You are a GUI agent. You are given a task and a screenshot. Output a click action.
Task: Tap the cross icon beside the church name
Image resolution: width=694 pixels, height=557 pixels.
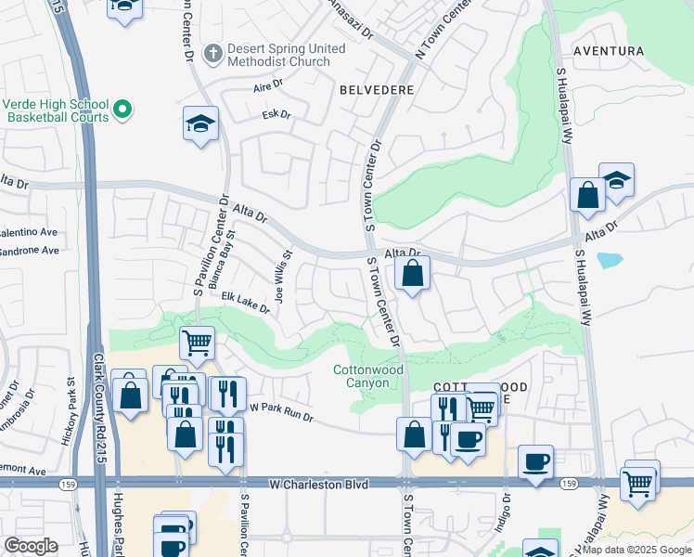(x=212, y=54)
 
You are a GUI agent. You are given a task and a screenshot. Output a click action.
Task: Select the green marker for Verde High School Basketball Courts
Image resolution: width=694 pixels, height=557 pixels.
(x=122, y=112)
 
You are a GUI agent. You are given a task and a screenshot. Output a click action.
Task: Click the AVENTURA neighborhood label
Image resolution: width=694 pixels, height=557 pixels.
(x=608, y=50)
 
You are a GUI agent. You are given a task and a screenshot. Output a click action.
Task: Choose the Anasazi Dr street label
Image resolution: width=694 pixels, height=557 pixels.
(x=351, y=19)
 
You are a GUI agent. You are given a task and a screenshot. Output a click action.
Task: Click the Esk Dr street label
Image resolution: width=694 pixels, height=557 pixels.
(x=276, y=115)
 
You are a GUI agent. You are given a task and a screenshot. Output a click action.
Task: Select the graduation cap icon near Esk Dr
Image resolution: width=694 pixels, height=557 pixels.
(x=200, y=124)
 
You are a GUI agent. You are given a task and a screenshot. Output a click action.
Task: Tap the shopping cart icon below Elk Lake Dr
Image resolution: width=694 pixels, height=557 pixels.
(x=197, y=343)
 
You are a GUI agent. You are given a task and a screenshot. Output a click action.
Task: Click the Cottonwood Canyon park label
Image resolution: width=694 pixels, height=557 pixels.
(x=368, y=376)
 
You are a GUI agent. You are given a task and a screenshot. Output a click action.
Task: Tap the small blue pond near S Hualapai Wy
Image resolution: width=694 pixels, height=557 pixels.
(x=610, y=260)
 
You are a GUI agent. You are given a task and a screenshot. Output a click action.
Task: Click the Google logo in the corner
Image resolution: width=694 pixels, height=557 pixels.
(x=31, y=546)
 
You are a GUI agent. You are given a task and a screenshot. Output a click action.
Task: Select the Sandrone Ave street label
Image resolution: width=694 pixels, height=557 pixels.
(x=30, y=251)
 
